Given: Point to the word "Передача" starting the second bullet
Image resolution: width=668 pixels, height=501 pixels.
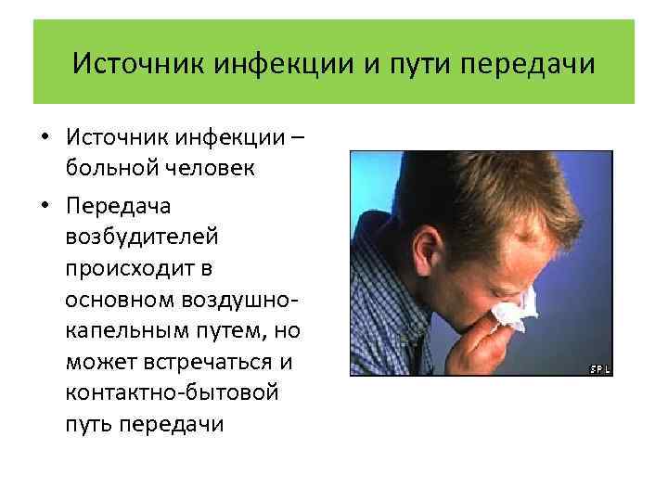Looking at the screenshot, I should tap(111, 204).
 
